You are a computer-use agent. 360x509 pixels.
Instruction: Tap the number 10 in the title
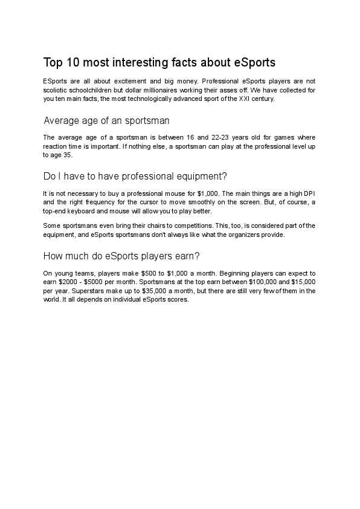[x=73, y=62]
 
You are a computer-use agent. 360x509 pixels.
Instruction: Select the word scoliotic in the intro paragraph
[x=58, y=89]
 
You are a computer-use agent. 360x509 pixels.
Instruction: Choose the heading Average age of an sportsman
[x=106, y=120]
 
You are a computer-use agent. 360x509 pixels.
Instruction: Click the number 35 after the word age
[x=68, y=154]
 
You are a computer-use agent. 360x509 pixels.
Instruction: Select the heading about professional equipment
[x=135, y=177]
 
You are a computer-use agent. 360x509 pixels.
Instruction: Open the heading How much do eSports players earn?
[x=122, y=256]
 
